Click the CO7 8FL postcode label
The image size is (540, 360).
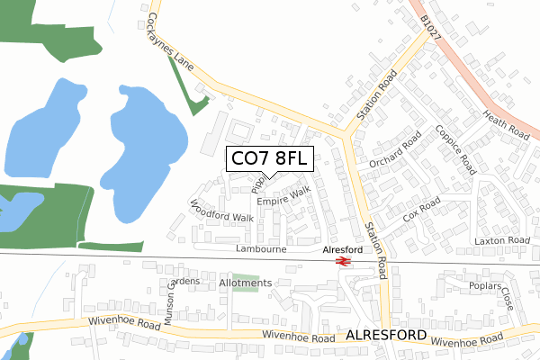click(269, 159)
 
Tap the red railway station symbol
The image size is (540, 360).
click(342, 261)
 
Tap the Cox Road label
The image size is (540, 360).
click(422, 212)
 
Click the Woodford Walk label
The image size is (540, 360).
click(222, 211)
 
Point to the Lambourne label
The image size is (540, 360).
click(260, 247)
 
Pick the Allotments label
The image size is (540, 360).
click(245, 283)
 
